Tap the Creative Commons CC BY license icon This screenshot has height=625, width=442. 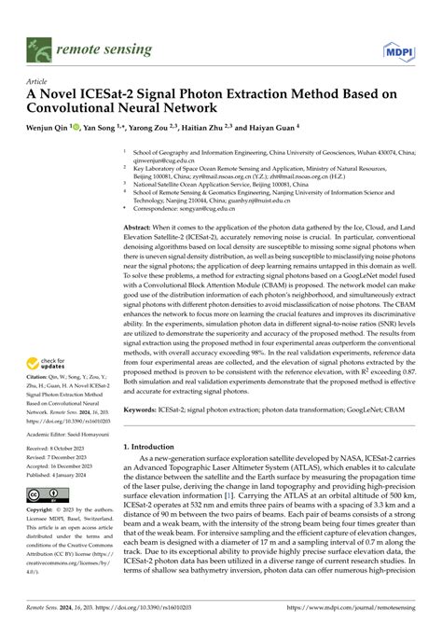pyautogui.click(x=44, y=521)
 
